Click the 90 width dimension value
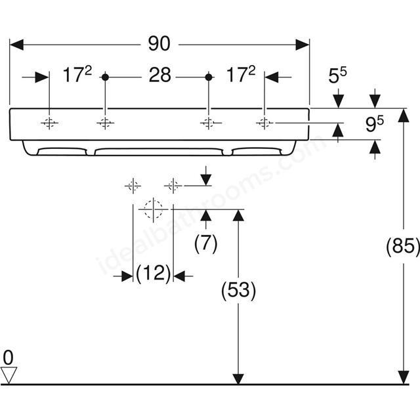point(159,44)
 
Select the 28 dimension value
point(159,75)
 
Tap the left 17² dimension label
point(77,74)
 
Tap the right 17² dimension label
point(241,74)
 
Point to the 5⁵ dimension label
point(337,75)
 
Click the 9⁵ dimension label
point(375,124)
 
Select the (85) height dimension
point(403,245)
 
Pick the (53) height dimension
point(238,290)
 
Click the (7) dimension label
point(205,243)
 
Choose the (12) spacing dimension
point(153,274)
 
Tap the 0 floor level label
point(8,358)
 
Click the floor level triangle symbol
point(9,375)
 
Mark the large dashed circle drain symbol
point(153,209)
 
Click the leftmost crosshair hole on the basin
point(49,123)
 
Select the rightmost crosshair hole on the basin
point(264,123)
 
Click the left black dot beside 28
point(105,77)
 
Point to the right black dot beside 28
point(209,77)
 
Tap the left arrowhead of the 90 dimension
point(16,45)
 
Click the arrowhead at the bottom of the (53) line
point(238,379)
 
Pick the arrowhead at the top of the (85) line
point(404,115)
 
